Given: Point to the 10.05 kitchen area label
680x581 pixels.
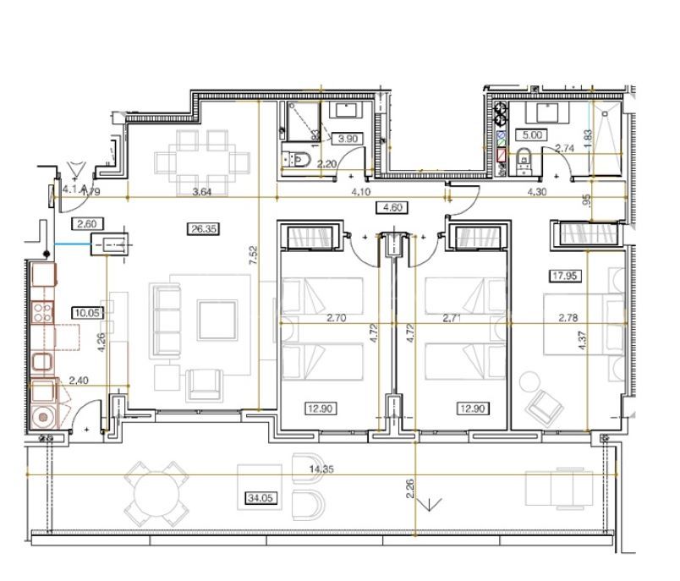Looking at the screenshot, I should (x=85, y=312).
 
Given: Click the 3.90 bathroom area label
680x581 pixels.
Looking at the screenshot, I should (x=348, y=139).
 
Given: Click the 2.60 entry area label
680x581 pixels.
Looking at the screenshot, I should (x=87, y=224).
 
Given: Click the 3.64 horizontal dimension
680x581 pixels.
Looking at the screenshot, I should (x=201, y=192).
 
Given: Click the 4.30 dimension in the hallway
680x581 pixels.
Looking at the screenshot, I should (x=537, y=192).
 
